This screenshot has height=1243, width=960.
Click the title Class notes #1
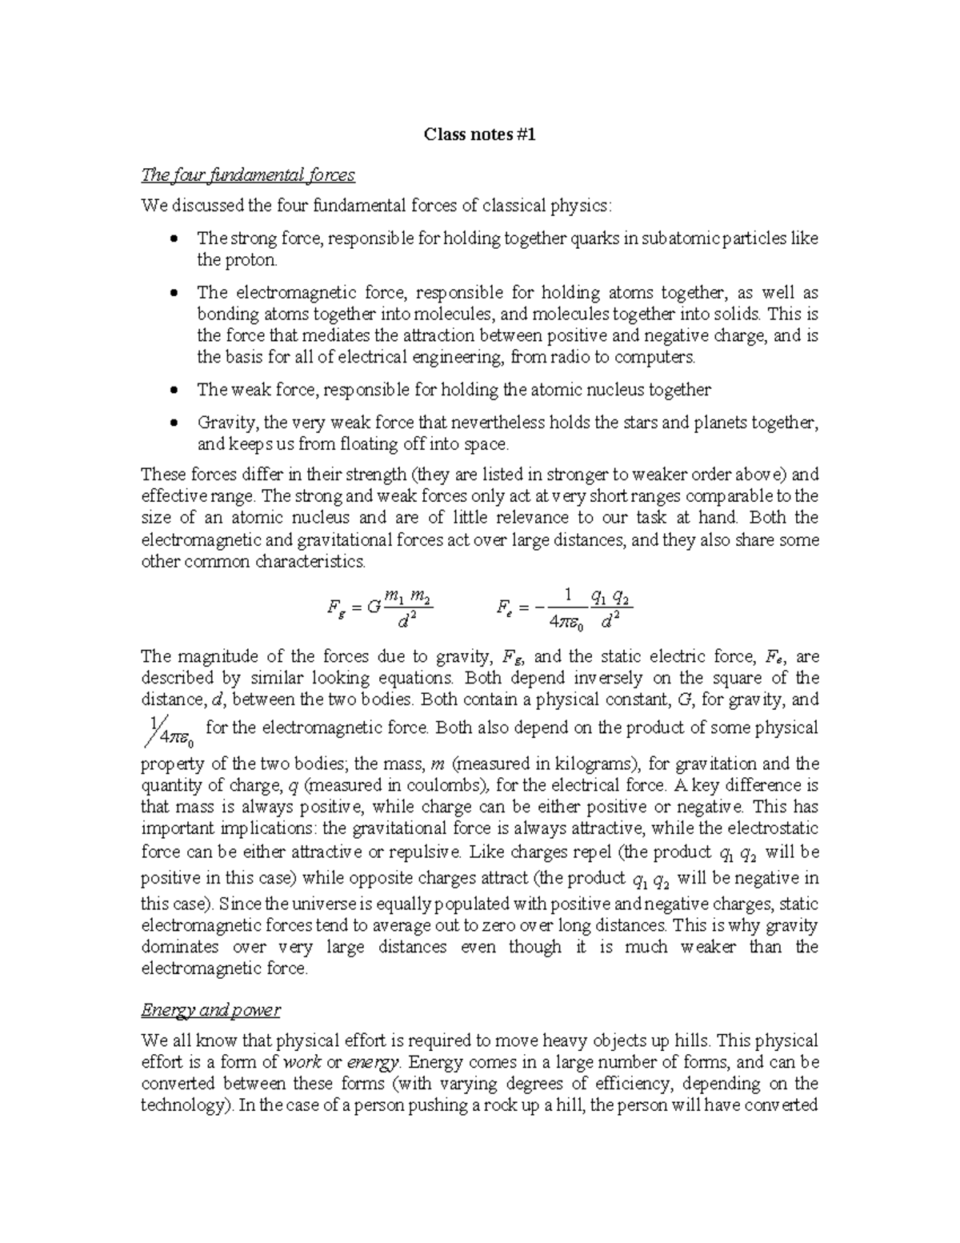click(x=479, y=135)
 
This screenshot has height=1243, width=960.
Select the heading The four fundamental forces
click(x=247, y=174)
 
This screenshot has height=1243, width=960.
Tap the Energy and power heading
click(x=210, y=1009)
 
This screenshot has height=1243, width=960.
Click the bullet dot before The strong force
click(x=174, y=239)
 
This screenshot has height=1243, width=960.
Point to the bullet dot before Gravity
click(x=174, y=423)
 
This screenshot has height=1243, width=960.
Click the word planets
click(x=722, y=423)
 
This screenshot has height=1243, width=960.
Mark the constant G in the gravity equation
click(x=373, y=607)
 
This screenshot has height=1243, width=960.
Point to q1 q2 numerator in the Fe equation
click(x=610, y=596)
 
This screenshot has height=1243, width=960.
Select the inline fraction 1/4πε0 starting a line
click(x=169, y=730)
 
